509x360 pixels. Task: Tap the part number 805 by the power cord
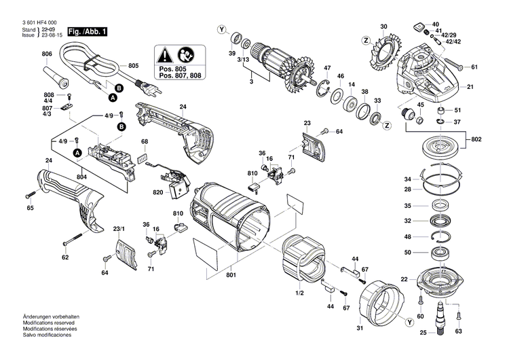[x=133, y=66]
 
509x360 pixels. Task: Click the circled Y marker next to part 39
[x=221, y=29]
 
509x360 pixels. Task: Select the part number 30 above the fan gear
[x=383, y=27]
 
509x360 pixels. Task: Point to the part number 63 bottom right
[x=458, y=331]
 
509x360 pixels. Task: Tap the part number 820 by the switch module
[x=157, y=193]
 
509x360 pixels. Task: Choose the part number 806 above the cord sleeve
[x=47, y=54]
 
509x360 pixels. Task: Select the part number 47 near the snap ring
[x=326, y=69]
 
